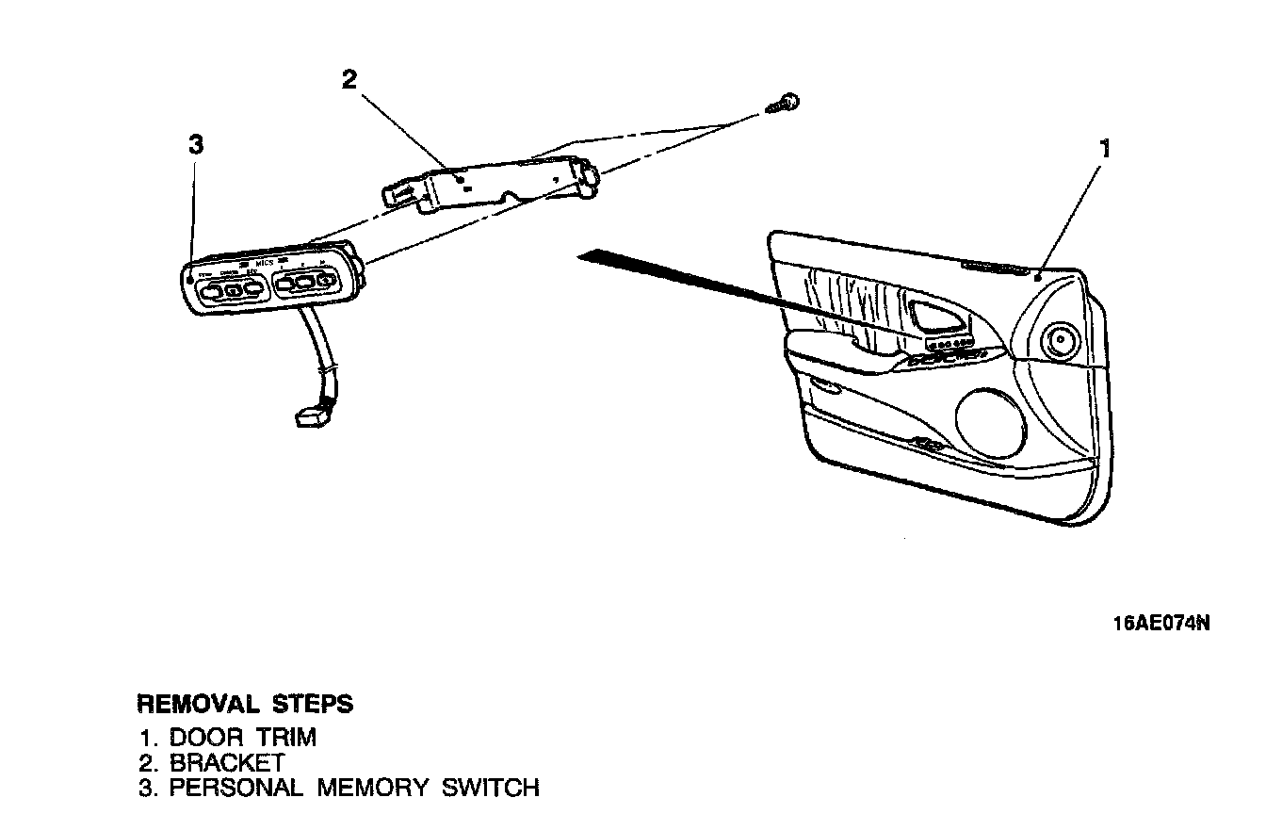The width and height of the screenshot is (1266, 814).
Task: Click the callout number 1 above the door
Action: [x=1106, y=149]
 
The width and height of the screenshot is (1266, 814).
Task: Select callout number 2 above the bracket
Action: [x=349, y=79]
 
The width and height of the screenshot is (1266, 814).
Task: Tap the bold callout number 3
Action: [x=196, y=145]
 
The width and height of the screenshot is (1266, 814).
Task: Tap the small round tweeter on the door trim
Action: [x=1062, y=339]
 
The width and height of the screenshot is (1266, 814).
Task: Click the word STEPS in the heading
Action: [x=313, y=704]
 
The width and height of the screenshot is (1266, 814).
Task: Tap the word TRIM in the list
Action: [x=286, y=737]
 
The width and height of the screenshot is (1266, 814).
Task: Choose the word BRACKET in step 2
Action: [x=227, y=761]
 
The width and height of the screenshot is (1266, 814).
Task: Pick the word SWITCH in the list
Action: [x=491, y=787]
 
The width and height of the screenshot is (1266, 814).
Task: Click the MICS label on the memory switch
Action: [x=264, y=265]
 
